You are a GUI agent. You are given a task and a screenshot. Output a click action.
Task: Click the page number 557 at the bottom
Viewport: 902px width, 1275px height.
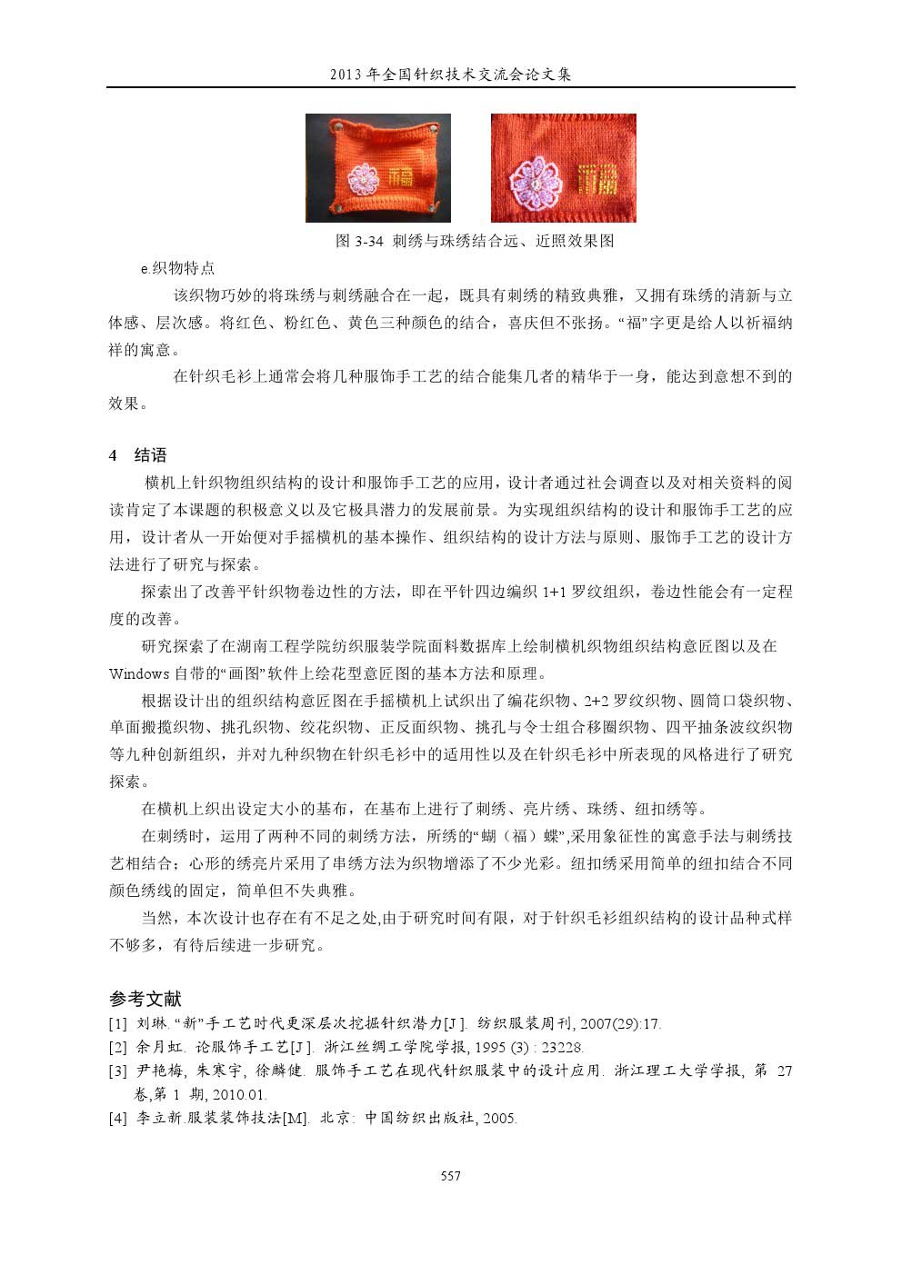450,1176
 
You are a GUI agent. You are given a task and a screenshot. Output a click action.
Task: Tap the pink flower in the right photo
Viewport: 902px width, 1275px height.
536,179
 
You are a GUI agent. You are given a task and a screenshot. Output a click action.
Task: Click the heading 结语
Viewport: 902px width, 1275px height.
150,455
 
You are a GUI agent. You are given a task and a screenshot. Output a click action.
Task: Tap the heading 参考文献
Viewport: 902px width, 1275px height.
145,999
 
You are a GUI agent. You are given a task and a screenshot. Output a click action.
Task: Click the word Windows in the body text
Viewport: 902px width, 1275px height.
139,673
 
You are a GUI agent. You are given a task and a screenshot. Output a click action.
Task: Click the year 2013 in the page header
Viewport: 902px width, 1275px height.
346,75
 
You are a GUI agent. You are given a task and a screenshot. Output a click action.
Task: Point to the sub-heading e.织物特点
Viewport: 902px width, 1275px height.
177,268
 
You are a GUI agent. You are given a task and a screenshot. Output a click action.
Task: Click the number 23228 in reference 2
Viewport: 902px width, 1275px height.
562,1048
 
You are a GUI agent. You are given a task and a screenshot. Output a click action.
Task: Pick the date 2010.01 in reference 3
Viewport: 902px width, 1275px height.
238,1095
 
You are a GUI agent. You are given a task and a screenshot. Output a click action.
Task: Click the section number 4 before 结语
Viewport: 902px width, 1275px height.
113,455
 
